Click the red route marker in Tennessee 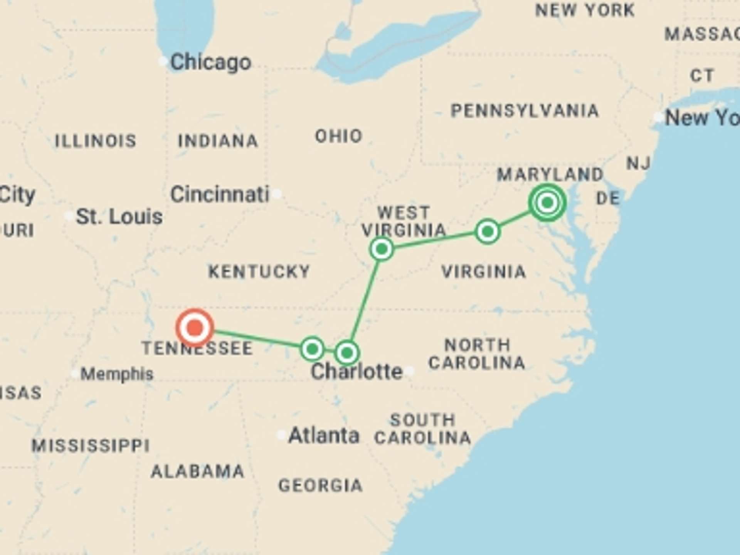(x=195, y=328)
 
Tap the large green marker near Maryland (x=547, y=202)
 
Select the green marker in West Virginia (x=382, y=249)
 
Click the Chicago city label (x=210, y=62)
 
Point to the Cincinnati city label (x=220, y=194)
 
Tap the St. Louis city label (x=119, y=217)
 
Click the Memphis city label (x=117, y=374)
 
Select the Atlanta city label (x=324, y=436)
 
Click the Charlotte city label (x=357, y=372)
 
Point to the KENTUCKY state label (x=259, y=272)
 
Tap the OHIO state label (x=339, y=136)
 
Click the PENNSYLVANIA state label (x=525, y=111)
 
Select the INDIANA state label (x=218, y=141)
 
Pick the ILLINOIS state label (x=96, y=141)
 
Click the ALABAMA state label (x=197, y=471)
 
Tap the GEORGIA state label (x=320, y=486)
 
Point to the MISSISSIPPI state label (x=91, y=446)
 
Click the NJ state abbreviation (x=638, y=163)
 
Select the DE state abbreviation (x=608, y=198)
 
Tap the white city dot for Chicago (x=163, y=61)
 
